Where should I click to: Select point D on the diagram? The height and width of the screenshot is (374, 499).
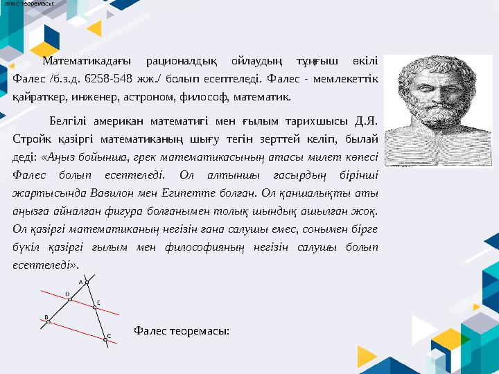click(70, 299)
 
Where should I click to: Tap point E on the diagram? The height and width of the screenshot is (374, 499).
click(94, 307)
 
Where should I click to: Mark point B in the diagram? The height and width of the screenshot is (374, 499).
click(48, 321)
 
